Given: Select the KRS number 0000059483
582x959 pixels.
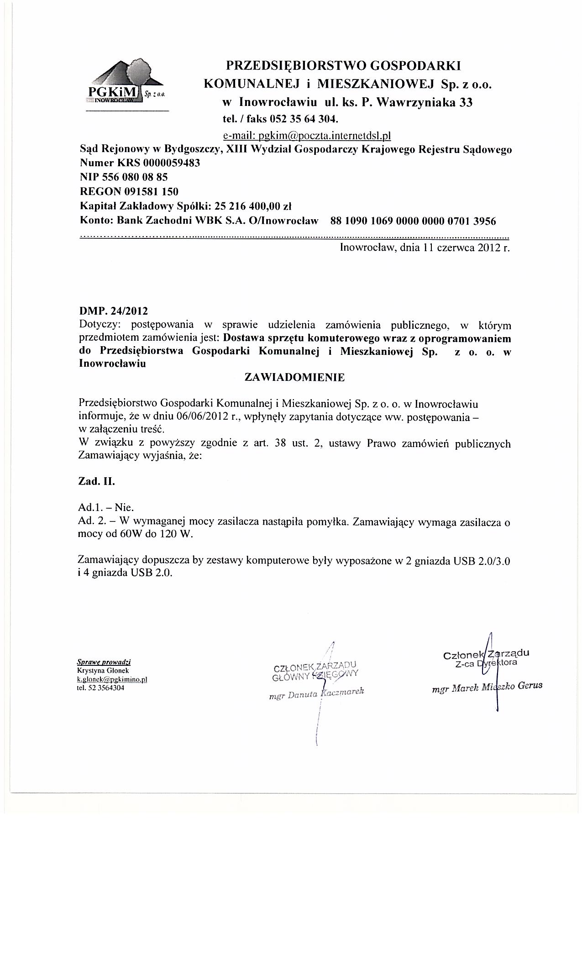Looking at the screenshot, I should tap(172, 163).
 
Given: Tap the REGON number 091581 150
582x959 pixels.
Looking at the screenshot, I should tap(151, 191).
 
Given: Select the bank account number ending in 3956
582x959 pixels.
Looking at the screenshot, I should tap(413, 221).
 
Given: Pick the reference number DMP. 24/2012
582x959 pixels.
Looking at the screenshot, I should tap(114, 311).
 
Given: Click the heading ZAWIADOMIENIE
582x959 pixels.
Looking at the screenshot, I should tap(295, 377).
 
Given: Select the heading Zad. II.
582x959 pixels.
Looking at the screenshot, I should tap(96, 481).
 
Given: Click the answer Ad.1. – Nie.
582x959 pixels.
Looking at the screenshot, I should tap(106, 507).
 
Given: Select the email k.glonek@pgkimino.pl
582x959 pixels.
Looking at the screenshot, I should tap(112, 679).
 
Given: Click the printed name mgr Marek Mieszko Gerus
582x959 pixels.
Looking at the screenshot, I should tap(487, 687).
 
